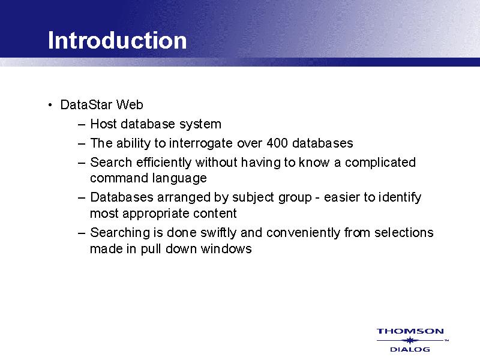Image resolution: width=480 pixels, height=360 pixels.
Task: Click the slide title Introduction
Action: coord(117,40)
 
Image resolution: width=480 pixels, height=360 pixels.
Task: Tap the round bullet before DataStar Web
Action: coord(50,106)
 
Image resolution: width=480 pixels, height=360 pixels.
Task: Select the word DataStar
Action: coord(86,104)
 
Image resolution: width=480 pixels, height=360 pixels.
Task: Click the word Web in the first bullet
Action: coord(130,104)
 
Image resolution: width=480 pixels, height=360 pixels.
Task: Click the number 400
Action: coord(277,143)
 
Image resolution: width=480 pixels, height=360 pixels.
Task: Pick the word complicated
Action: coord(380,163)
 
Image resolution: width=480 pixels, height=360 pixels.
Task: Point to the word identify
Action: coord(400,198)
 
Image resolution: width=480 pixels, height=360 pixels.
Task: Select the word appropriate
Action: coord(156,214)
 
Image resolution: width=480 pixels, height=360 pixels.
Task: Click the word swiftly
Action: coord(218,233)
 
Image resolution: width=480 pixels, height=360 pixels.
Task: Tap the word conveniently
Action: coord(303,233)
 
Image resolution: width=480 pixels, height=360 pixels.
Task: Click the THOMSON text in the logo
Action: coord(410,331)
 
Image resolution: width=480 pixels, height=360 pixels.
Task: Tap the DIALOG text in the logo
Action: coord(410,349)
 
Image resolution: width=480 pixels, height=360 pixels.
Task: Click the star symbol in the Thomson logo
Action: coord(410,340)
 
